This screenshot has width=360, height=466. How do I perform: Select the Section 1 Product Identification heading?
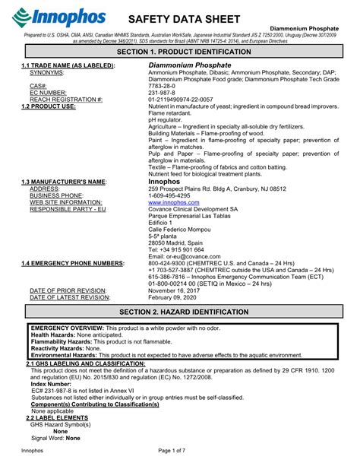coord(180,50)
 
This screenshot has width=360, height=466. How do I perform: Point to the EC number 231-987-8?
coord(164,93)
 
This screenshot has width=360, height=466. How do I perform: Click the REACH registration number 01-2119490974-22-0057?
coord(186,100)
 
